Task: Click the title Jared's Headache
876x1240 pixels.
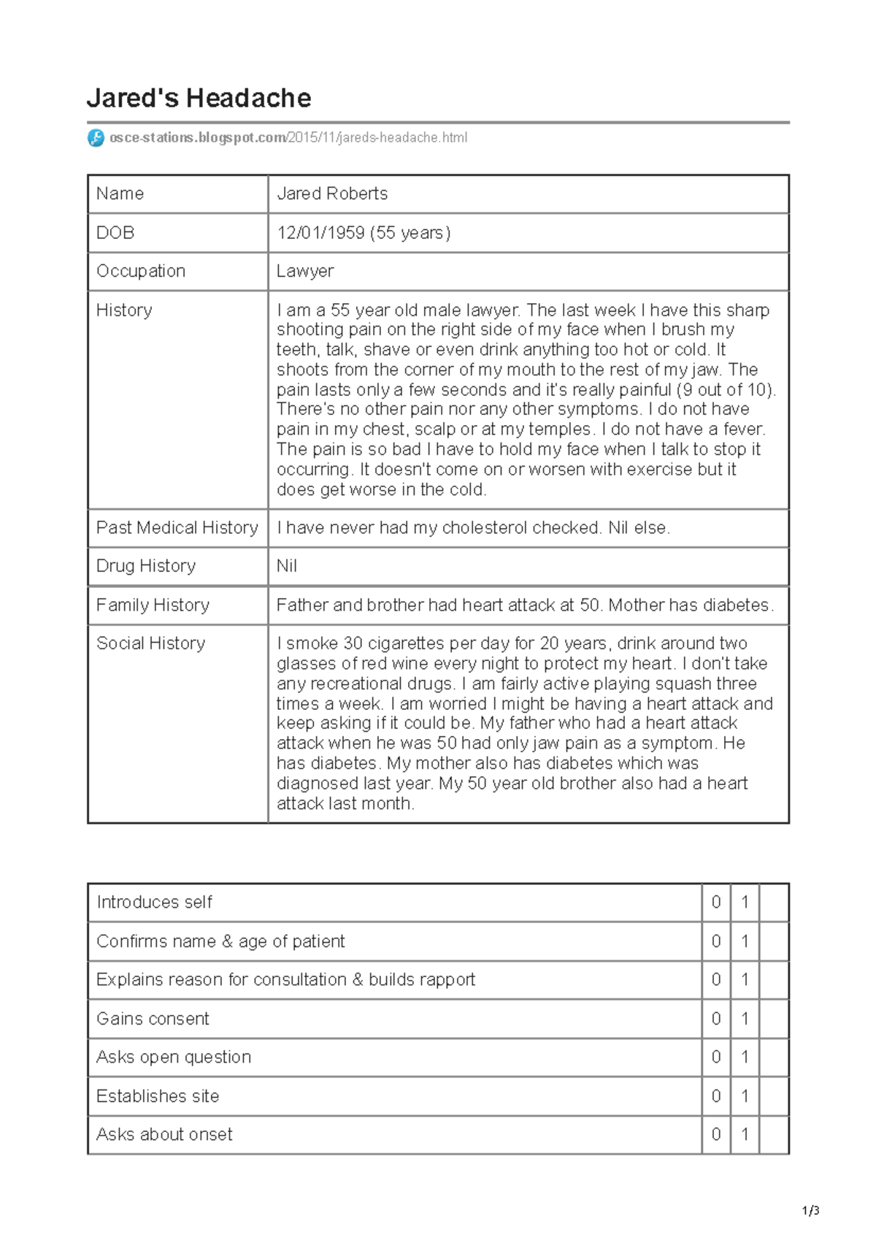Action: point(199,98)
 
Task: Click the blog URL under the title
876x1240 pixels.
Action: point(288,137)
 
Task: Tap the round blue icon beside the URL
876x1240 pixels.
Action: point(96,137)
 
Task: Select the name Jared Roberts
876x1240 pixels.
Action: point(332,194)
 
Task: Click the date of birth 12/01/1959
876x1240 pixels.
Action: point(320,233)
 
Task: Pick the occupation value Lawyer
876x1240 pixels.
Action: point(305,271)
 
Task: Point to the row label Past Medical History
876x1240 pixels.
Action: point(177,527)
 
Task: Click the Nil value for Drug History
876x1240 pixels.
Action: point(287,566)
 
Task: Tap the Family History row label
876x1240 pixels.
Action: point(153,605)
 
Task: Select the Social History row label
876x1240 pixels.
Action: point(150,643)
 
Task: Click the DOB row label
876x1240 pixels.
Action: point(115,233)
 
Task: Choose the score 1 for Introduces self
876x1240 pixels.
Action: point(745,902)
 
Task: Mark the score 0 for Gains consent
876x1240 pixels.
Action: point(716,1019)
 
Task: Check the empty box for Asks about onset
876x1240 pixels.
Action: point(774,1134)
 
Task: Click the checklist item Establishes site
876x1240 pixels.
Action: point(158,1096)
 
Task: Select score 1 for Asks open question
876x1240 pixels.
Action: point(745,1057)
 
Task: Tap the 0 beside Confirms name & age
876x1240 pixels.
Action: point(716,941)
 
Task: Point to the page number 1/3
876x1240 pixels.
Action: point(810,1211)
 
